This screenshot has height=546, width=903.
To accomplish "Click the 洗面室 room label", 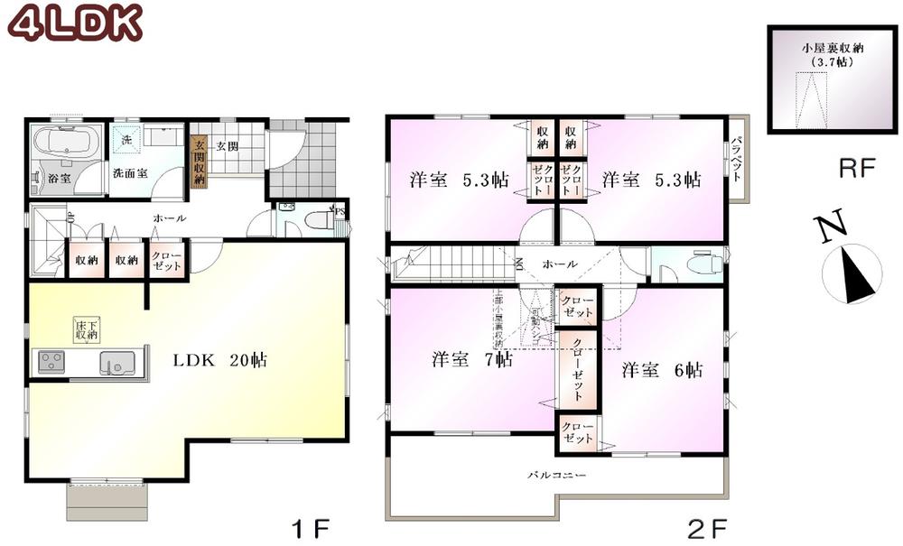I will coord(130,171).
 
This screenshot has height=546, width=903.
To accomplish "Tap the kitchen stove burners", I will coord(51,362).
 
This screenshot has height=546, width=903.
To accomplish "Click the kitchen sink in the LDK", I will coord(116,364).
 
